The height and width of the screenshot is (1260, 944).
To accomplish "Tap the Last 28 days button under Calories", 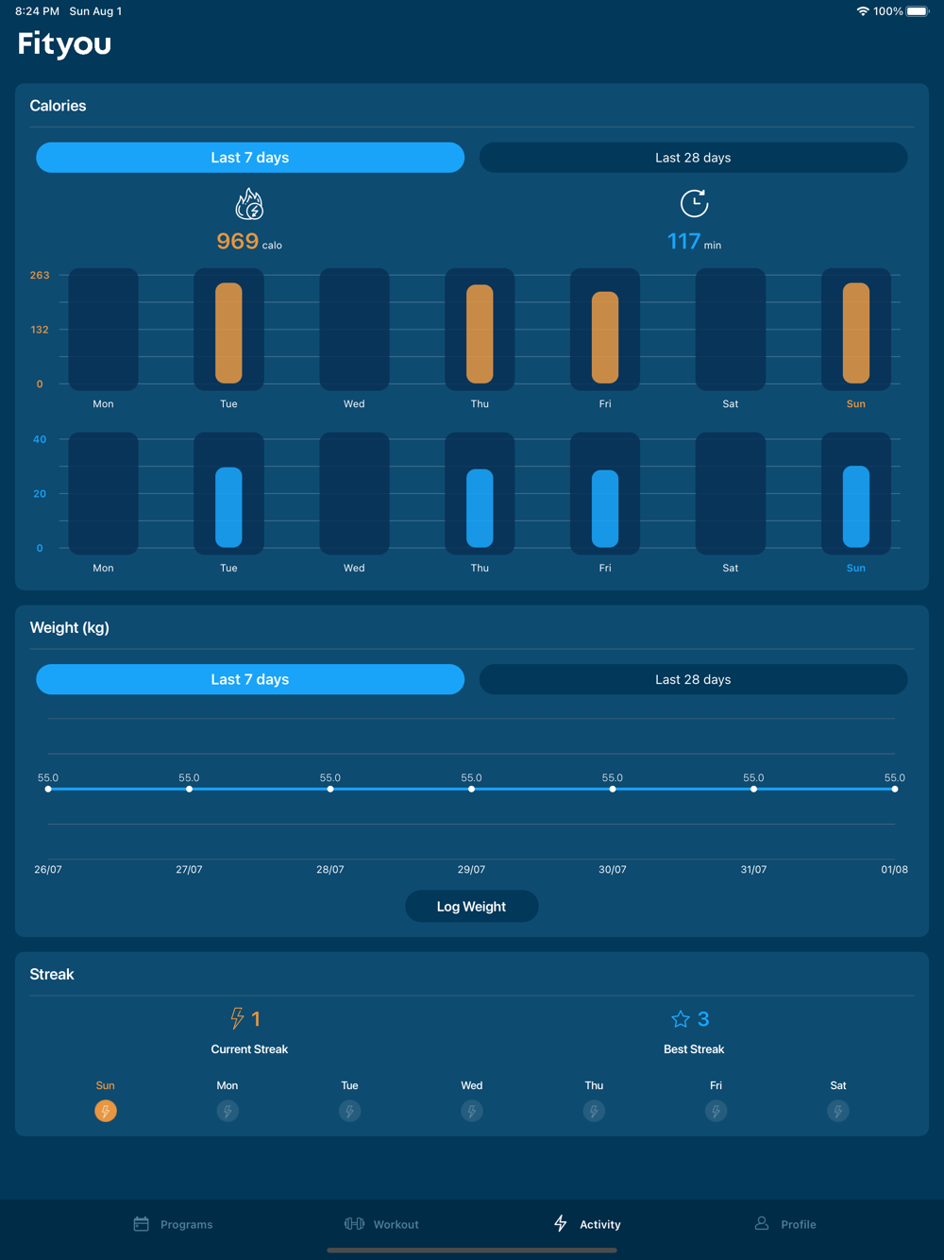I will pyautogui.click(x=693, y=158).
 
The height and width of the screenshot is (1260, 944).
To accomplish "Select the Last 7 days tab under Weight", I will pyautogui.click(x=250, y=679).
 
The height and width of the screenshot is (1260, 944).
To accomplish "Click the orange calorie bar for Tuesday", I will pyautogui.click(x=228, y=332).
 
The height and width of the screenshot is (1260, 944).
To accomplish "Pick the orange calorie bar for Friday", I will pyautogui.click(x=605, y=337).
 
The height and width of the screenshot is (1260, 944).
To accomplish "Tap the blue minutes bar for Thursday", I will pyautogui.click(x=480, y=508).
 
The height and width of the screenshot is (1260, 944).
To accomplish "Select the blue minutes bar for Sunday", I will pyautogui.click(x=856, y=506).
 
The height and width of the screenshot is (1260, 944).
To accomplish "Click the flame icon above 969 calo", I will pyautogui.click(x=249, y=204).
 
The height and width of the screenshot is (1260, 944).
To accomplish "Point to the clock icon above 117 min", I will pyautogui.click(x=694, y=203).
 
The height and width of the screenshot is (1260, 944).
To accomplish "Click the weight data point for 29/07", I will pyautogui.click(x=471, y=789).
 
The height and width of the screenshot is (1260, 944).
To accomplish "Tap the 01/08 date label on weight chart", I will pyautogui.click(x=894, y=869).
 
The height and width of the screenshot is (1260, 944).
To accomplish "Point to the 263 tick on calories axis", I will pyautogui.click(x=40, y=275).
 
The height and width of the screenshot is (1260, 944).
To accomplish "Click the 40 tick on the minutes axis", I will pyautogui.click(x=40, y=439).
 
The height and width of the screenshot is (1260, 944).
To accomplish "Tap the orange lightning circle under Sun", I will pyautogui.click(x=106, y=1111).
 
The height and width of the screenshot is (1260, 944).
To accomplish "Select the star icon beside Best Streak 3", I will pyautogui.click(x=681, y=1019).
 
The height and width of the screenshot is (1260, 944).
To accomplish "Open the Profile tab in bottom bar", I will pyautogui.click(x=785, y=1224).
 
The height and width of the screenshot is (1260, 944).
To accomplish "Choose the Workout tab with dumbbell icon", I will pyautogui.click(x=381, y=1224).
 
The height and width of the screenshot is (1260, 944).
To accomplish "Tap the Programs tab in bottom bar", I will pyautogui.click(x=173, y=1224).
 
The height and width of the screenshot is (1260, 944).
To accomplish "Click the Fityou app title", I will pyautogui.click(x=64, y=43).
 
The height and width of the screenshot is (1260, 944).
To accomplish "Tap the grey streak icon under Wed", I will pyautogui.click(x=472, y=1111).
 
